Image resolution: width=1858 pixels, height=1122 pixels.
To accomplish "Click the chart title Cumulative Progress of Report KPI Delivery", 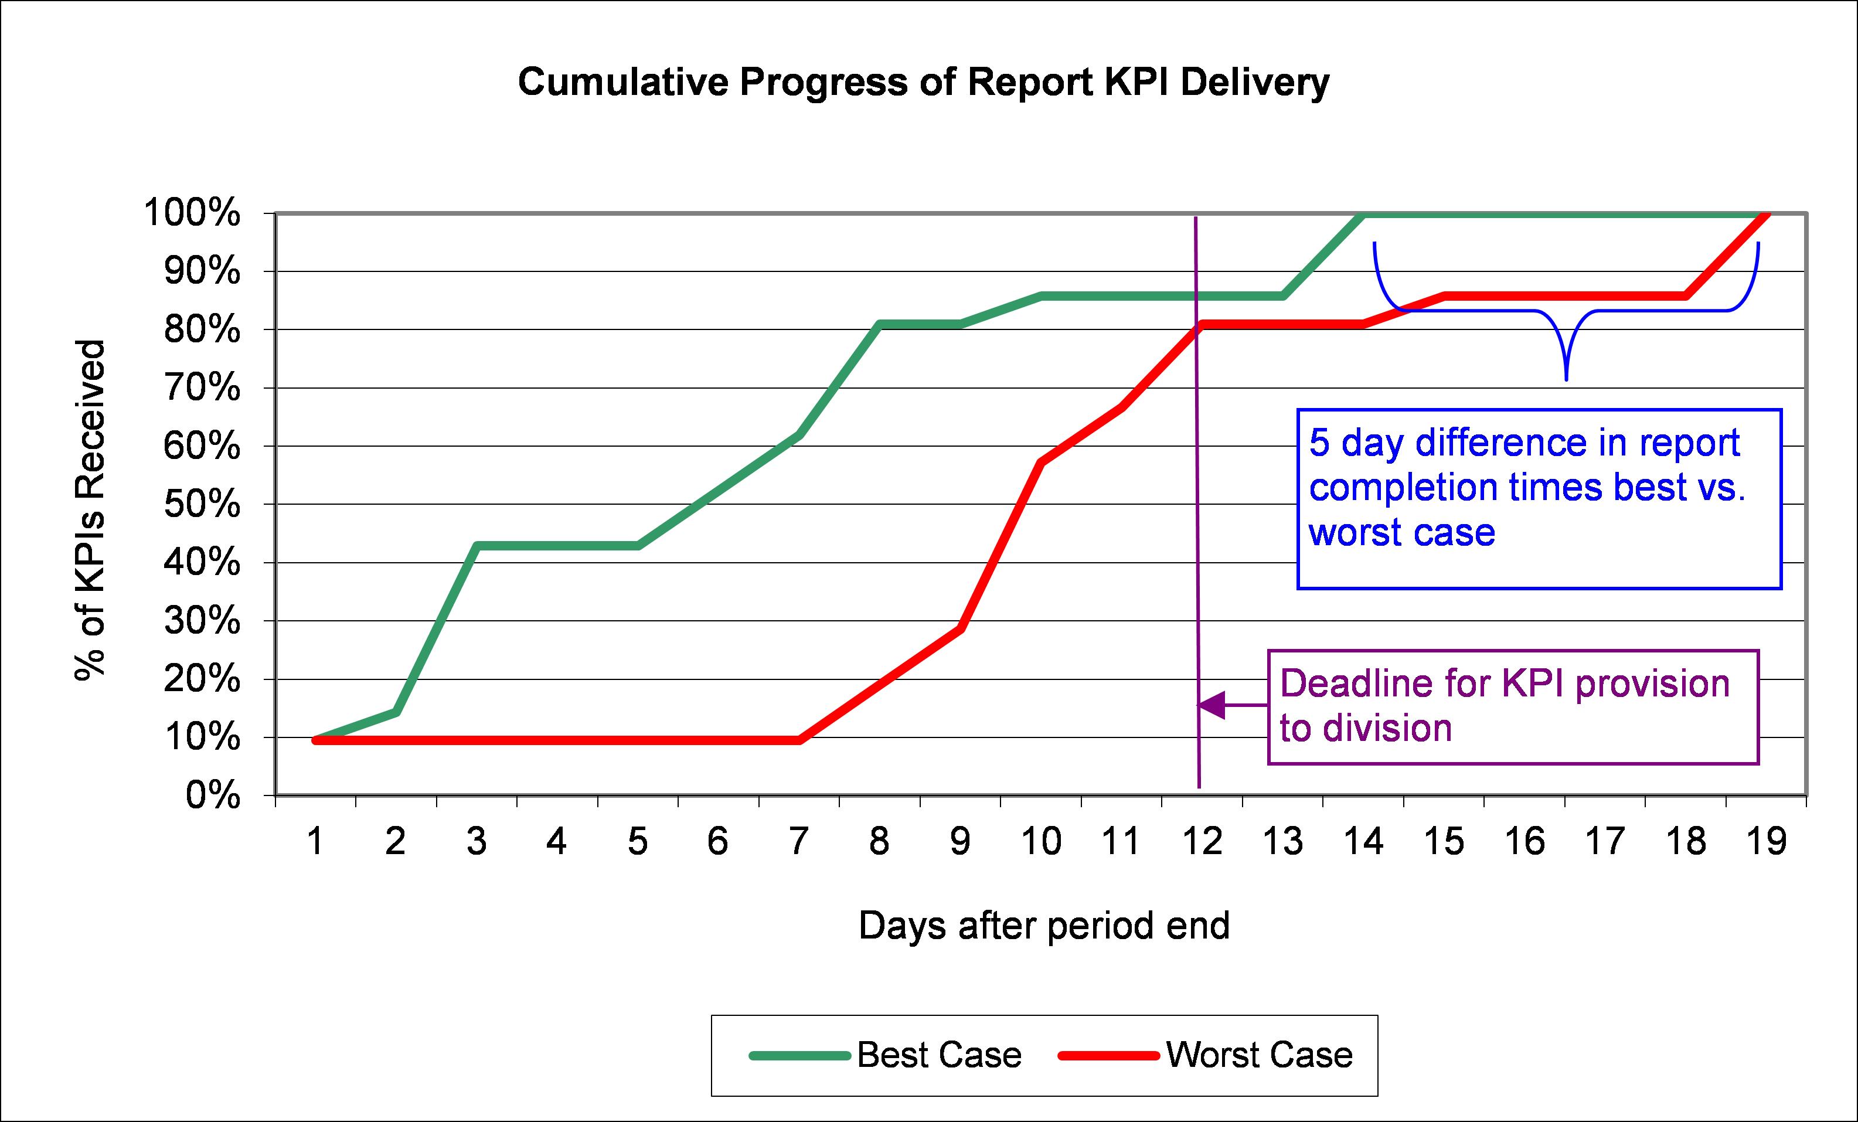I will (x=923, y=82).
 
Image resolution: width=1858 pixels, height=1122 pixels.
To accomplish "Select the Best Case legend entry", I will (x=939, y=1055).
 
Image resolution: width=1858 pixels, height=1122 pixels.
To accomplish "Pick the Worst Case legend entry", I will (x=1258, y=1055).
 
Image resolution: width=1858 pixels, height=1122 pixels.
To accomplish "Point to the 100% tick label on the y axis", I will (x=192, y=213).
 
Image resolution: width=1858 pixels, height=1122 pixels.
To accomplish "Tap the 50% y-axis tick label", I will (x=202, y=505).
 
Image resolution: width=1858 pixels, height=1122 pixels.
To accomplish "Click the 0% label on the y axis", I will (x=213, y=795).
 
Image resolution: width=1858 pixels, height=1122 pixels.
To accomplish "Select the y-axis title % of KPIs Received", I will (x=90, y=511).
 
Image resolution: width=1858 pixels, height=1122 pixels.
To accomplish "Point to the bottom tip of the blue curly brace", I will (x=1566, y=379).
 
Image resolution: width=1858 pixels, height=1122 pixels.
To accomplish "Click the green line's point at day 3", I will (x=477, y=545).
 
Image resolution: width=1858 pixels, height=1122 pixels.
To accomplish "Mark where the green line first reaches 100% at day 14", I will (x=1363, y=214).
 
